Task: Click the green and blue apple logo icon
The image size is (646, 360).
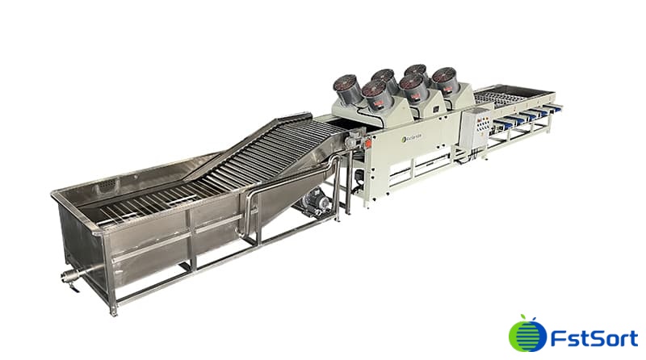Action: coord(523,334)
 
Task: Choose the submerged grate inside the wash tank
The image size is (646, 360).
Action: coord(137,211)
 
